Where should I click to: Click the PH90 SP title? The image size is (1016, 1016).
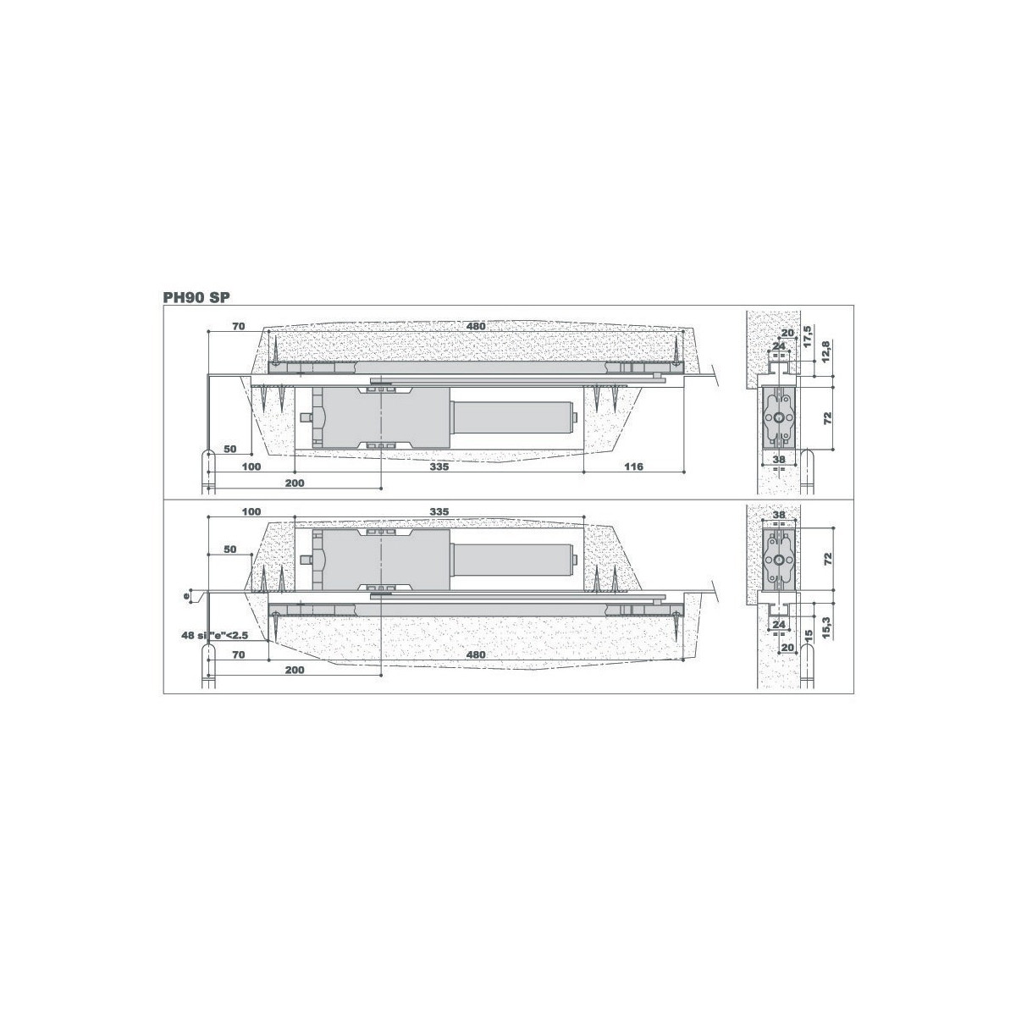(196, 297)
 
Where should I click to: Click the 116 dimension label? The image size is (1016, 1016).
(633, 467)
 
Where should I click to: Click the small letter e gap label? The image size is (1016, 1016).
(186, 596)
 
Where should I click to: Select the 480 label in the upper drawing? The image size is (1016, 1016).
(476, 326)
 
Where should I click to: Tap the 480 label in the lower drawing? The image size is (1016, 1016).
(476, 654)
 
